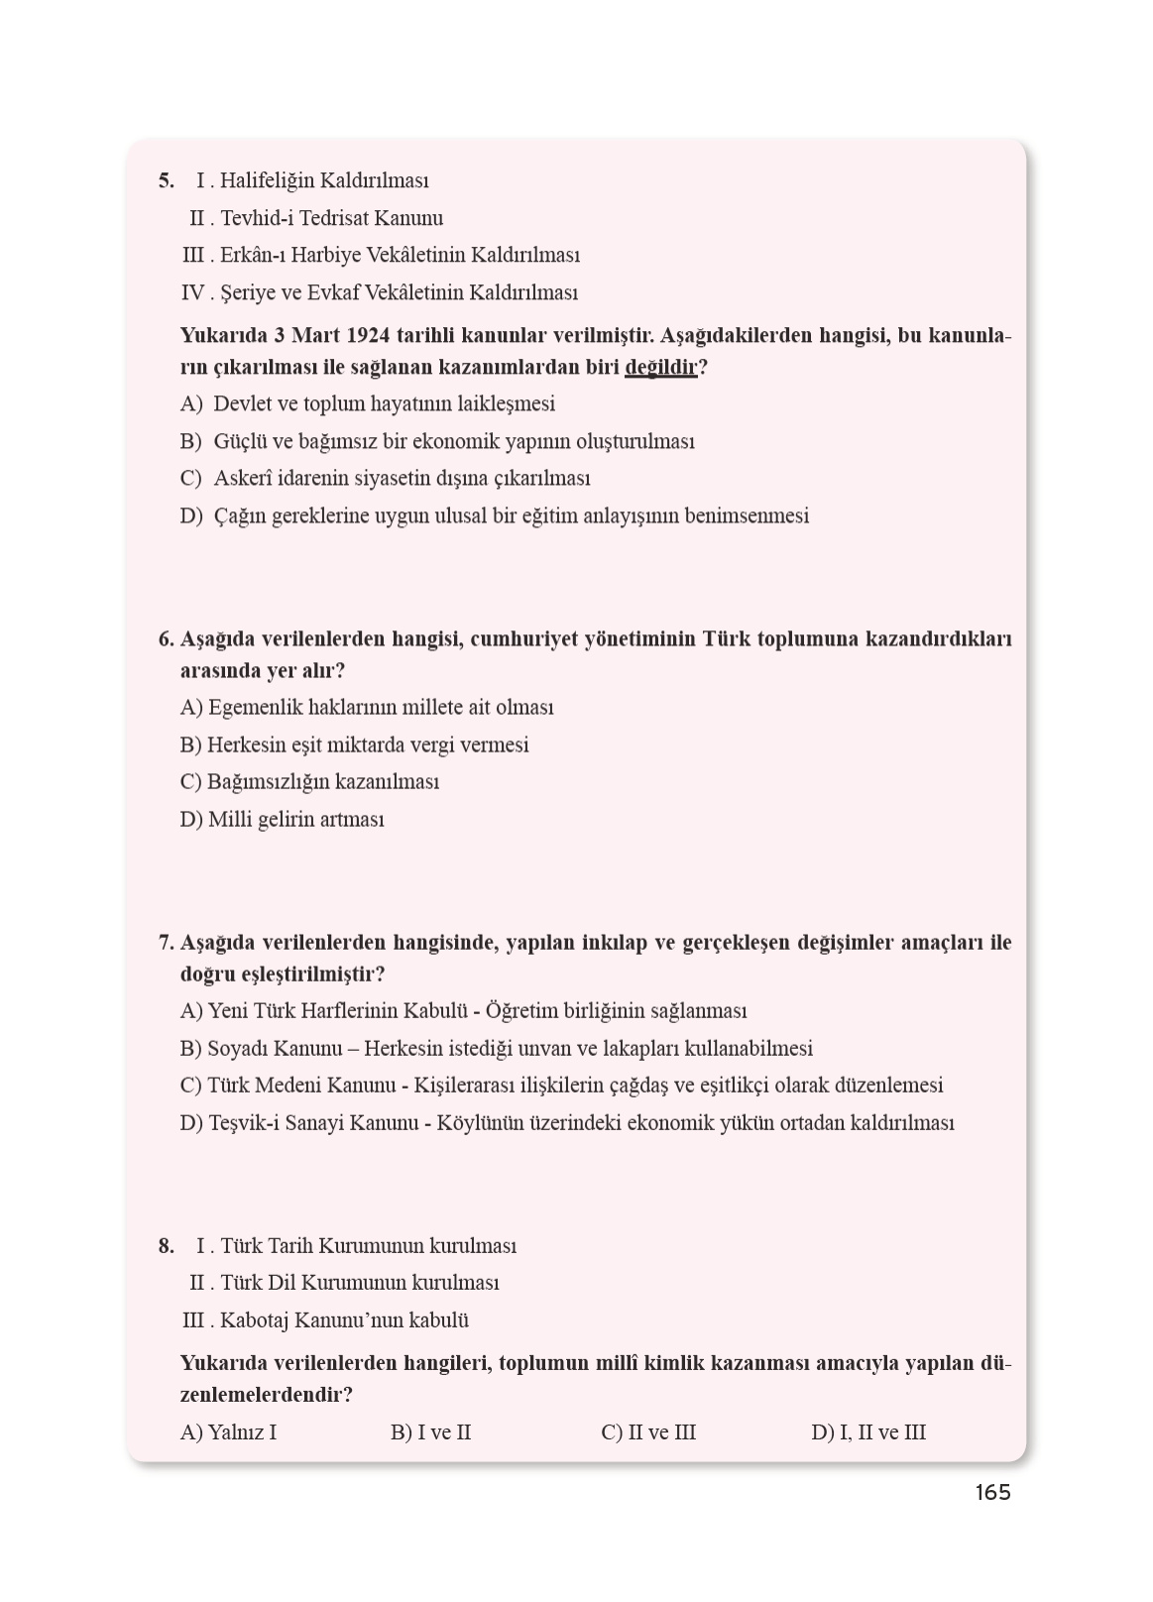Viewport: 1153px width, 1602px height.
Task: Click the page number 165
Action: pyautogui.click(x=991, y=1493)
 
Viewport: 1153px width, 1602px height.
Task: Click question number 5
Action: pyautogui.click(x=166, y=181)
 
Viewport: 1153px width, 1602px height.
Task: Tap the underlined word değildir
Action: pyautogui.click(x=661, y=368)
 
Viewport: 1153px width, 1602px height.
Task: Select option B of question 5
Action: pyautogui.click(x=437, y=442)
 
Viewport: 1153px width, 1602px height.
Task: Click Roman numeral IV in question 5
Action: pyautogui.click(x=192, y=293)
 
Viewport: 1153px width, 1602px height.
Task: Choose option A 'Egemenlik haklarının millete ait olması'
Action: pyautogui.click(x=367, y=708)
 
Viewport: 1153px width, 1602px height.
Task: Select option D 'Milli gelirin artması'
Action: pyautogui.click(x=282, y=820)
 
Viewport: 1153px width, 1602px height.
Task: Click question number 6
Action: pyautogui.click(x=166, y=639)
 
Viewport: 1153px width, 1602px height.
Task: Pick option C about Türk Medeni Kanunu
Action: pyautogui.click(x=561, y=1086)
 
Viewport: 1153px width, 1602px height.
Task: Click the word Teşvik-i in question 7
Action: pyautogui.click(x=244, y=1123)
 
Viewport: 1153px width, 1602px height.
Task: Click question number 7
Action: pyautogui.click(x=166, y=943)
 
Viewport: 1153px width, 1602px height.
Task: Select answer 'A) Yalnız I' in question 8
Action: pyautogui.click(x=229, y=1432)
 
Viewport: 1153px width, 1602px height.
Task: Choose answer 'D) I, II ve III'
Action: pyautogui.click(x=868, y=1432)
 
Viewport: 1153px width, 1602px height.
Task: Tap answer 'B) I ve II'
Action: pyautogui.click(x=430, y=1432)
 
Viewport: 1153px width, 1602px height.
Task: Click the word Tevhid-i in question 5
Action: pyautogui.click(x=256, y=219)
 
